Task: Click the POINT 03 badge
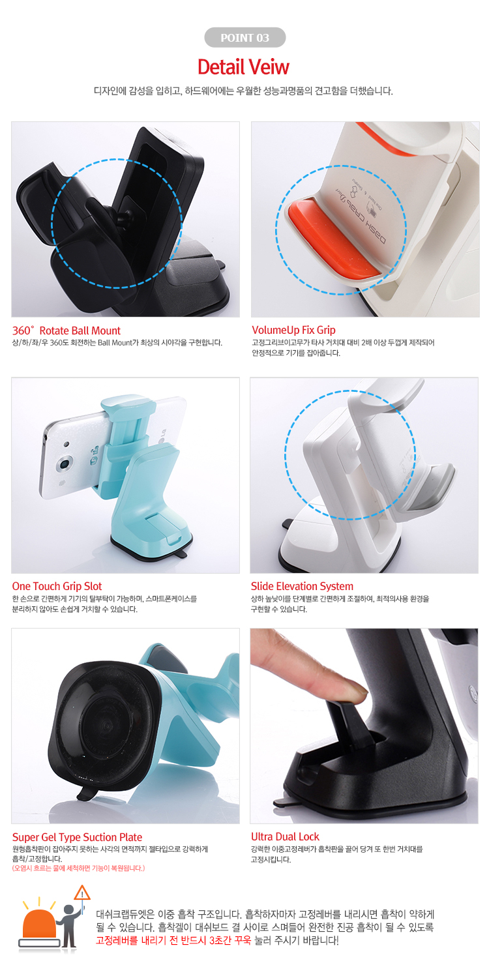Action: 244,37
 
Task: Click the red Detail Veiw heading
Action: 244,67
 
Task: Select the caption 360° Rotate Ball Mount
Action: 67,331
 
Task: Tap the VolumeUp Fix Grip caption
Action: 293,330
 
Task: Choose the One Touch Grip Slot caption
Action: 57,586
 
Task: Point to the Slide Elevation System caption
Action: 302,586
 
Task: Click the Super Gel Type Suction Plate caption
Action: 77,837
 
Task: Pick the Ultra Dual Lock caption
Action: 285,837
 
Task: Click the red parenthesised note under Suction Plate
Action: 78,868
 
